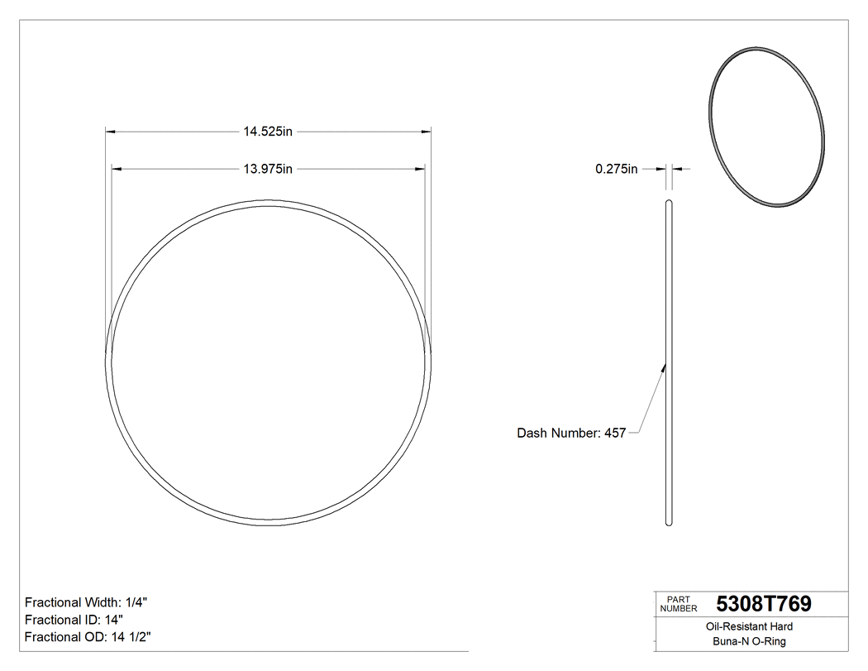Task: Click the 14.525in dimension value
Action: pos(269,131)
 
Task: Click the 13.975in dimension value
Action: pos(269,170)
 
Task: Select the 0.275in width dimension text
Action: pos(617,170)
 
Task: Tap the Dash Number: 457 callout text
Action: pos(571,433)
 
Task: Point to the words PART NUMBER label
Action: pos(679,604)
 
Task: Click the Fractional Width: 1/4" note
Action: pos(87,602)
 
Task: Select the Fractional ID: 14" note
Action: pos(74,620)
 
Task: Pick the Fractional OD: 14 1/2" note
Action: pos(88,637)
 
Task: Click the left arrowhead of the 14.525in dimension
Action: pos(109,131)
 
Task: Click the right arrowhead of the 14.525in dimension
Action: pos(427,131)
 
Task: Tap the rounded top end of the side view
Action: pos(669,201)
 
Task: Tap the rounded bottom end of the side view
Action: pos(669,522)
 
